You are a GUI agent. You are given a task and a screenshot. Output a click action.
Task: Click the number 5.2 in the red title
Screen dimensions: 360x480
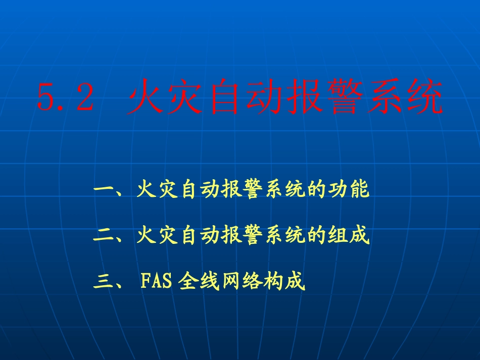point(66,98)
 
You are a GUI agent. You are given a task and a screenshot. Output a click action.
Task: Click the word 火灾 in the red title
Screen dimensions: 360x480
point(165,98)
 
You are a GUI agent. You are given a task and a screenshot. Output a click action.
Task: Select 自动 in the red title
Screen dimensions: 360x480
point(245,98)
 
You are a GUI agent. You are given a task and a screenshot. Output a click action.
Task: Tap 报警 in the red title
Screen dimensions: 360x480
point(324,98)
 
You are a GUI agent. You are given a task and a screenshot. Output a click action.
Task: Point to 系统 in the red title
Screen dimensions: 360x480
point(404,98)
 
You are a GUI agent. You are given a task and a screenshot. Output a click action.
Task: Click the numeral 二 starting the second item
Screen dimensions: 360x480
point(103,236)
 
